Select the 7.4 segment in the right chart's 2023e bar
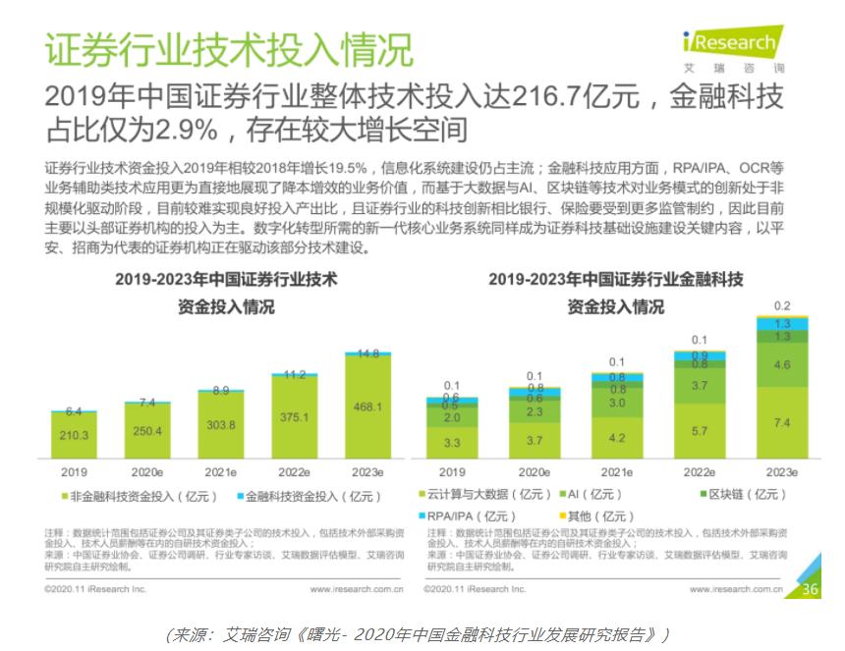[782, 422]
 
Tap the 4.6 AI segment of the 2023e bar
[782, 364]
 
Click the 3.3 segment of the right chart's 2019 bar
[453, 442]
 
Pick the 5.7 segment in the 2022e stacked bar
[700, 430]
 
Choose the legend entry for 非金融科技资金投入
[132, 496]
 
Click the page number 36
[811, 589]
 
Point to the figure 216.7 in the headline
[545, 96]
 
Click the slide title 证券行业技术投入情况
[228, 48]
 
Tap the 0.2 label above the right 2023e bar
[782, 305]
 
